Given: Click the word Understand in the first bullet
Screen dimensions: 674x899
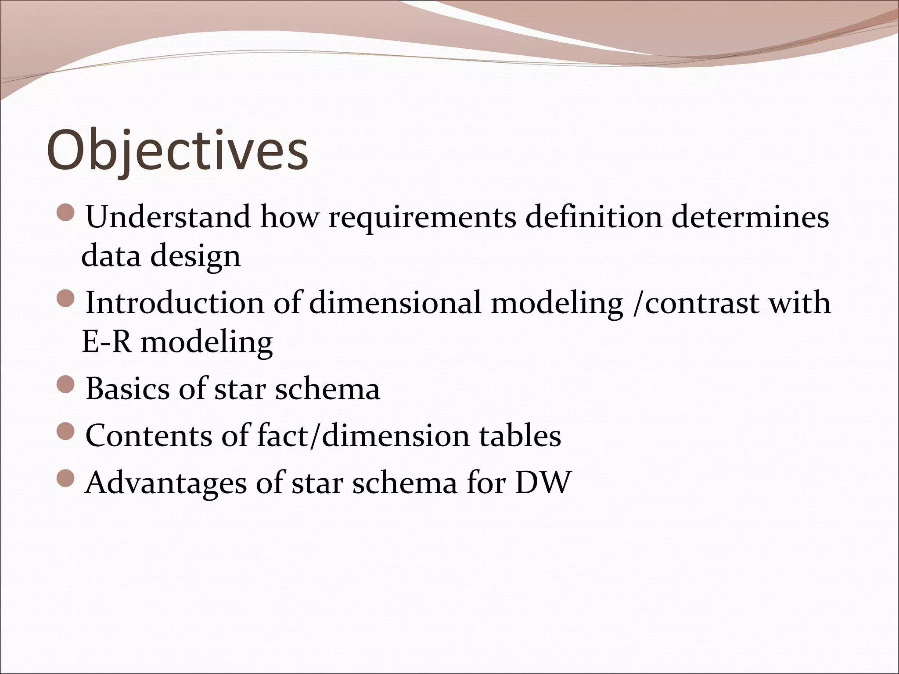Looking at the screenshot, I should point(168,217).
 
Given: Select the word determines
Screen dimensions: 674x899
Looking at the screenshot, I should point(750,217).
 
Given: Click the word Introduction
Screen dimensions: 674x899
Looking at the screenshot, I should point(175,303).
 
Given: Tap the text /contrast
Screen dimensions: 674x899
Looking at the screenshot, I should point(694,303).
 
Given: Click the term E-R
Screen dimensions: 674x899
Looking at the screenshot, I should point(107,342).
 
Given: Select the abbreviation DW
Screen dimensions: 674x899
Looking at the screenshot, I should point(543,483).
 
